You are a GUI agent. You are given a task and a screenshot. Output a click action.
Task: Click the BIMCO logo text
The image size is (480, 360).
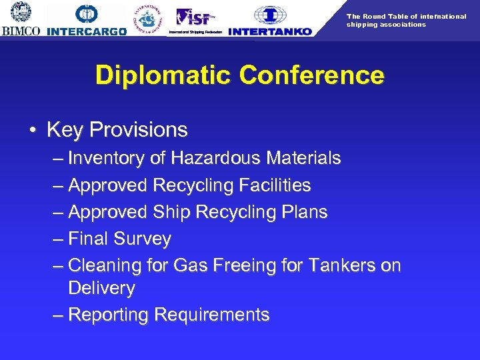[x=21, y=31]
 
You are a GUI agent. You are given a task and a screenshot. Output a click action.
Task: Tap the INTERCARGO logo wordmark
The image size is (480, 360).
[x=87, y=31]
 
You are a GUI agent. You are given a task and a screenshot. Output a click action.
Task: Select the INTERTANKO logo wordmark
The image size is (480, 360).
[x=269, y=31]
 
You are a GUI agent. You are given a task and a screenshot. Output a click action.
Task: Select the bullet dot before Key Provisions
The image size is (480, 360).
[x=32, y=130]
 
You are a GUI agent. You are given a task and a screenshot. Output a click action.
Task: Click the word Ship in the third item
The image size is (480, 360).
[x=171, y=212]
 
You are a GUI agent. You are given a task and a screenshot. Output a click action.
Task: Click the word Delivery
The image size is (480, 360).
[x=101, y=289]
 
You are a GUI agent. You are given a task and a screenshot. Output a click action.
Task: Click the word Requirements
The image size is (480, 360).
[x=211, y=315]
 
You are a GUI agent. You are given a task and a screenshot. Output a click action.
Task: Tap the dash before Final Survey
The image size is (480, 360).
[x=58, y=239]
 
